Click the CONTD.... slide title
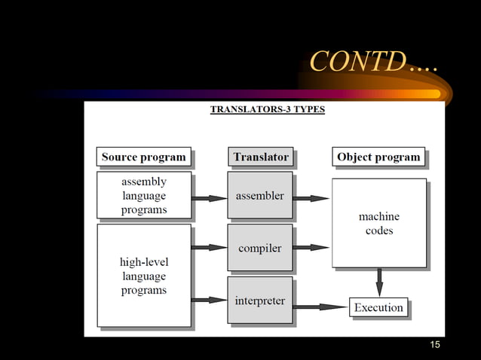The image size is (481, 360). [x=374, y=62]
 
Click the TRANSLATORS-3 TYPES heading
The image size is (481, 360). [x=268, y=109]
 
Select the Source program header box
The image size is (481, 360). [x=143, y=157]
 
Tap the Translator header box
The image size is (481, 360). [x=261, y=157]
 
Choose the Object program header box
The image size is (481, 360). [x=378, y=157]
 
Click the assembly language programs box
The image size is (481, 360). [x=144, y=195]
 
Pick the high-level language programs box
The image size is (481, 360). [x=144, y=275]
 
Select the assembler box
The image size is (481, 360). [x=260, y=196]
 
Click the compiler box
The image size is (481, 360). [x=260, y=247]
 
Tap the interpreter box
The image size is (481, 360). [x=260, y=301]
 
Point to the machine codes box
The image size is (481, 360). [x=379, y=223]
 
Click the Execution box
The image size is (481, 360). [x=379, y=307]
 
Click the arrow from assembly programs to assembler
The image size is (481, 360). [x=210, y=199]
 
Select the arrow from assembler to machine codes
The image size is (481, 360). [x=311, y=199]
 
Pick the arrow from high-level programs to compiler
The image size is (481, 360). [x=210, y=247]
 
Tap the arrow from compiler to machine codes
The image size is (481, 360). [x=311, y=247]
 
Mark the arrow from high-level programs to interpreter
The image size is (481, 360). [x=210, y=300]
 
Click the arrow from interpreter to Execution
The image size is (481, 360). [x=320, y=307]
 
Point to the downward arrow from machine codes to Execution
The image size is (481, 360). [x=379, y=282]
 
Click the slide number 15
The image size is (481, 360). [x=434, y=345]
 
